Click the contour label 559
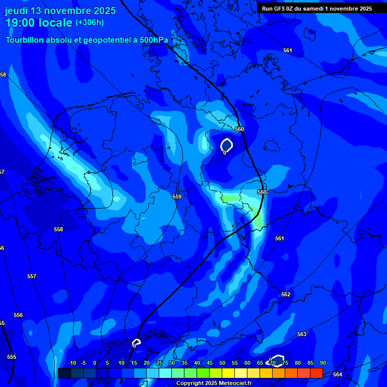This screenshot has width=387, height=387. tap(176, 197)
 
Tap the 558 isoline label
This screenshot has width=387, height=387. tap(58, 229)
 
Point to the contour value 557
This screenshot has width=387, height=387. tap(32, 276)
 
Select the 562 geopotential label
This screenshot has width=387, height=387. tap(286, 294)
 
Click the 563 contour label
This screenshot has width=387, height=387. tap(302, 334)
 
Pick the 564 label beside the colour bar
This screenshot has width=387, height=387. tap(338, 374)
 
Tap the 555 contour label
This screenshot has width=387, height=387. tap(12, 357)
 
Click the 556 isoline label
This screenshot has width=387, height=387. tap(18, 315)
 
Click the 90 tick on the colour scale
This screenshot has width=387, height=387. tap(322, 363)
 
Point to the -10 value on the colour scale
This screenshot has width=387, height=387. tap(72, 363)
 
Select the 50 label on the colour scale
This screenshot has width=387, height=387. tap(222, 363)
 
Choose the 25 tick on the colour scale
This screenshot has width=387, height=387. tap(159, 363)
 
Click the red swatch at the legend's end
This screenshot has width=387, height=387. tap(316, 373)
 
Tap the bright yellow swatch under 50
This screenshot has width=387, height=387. tap(228, 373)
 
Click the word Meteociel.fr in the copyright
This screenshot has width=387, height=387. tap(232, 383)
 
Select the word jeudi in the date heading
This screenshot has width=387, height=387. tap(16, 11)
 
